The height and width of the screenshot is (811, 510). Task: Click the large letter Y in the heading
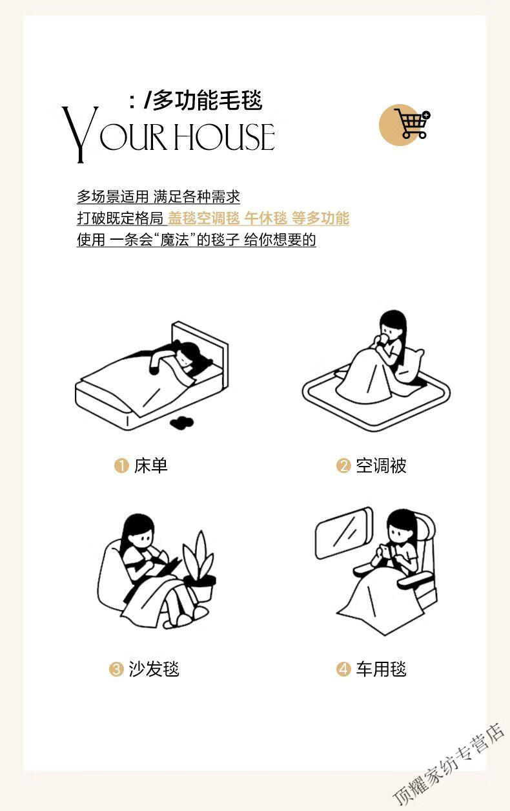80,134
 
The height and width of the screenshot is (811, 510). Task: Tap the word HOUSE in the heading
224,136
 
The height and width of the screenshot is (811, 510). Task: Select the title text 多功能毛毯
208,100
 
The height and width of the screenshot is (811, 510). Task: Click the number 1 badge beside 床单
121,466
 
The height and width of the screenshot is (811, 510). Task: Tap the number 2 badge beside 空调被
343,466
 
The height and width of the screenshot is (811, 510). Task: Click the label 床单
151,466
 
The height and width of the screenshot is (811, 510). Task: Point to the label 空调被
382,466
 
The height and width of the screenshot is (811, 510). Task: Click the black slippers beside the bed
181,423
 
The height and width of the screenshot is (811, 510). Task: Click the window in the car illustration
343,533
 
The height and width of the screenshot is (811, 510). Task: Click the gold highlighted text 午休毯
266,218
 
